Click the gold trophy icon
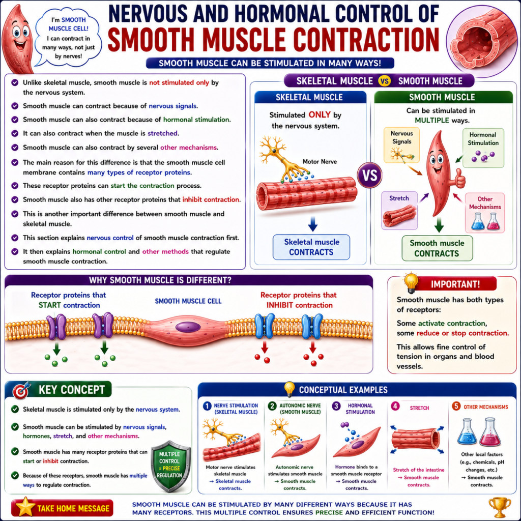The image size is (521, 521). (500, 507)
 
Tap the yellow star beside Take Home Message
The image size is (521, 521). (24, 507)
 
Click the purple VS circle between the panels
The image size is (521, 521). (369, 175)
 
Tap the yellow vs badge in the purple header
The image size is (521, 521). (385, 81)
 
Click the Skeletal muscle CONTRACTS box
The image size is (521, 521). (311, 247)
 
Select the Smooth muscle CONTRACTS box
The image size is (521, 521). (437, 248)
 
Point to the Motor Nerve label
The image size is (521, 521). (320, 161)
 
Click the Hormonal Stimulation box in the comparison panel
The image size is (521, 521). (483, 148)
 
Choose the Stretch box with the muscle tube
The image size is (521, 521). (399, 210)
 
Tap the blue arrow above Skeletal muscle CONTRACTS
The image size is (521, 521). (312, 224)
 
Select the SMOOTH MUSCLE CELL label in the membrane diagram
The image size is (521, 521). (188, 301)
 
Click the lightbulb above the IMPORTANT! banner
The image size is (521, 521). (411, 282)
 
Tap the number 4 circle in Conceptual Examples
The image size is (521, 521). (395, 406)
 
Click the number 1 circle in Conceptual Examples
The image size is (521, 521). (207, 406)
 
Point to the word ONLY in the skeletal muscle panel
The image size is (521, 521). (320, 114)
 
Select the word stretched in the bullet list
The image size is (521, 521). (162, 133)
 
